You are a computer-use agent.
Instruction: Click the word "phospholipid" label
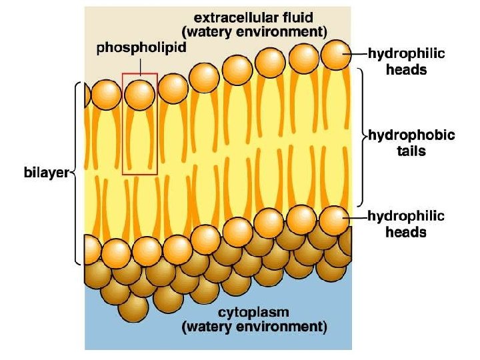coord(141,47)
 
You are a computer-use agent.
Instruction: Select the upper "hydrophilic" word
coord(406,53)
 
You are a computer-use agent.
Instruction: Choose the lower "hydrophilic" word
coord(406,217)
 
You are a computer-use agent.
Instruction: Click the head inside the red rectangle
coord(140,95)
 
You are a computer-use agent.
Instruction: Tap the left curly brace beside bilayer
coord(77,172)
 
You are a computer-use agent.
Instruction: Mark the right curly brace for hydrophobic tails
coord(362,136)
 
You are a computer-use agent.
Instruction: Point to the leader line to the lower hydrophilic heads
coord(357,217)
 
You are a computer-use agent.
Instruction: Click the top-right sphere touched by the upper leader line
coord(335,53)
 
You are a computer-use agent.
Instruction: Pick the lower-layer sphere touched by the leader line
coord(333,219)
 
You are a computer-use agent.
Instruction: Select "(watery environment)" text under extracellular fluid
coord(255,31)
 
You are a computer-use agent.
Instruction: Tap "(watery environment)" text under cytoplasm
coord(255,327)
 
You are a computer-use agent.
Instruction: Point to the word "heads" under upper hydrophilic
coord(406,69)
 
